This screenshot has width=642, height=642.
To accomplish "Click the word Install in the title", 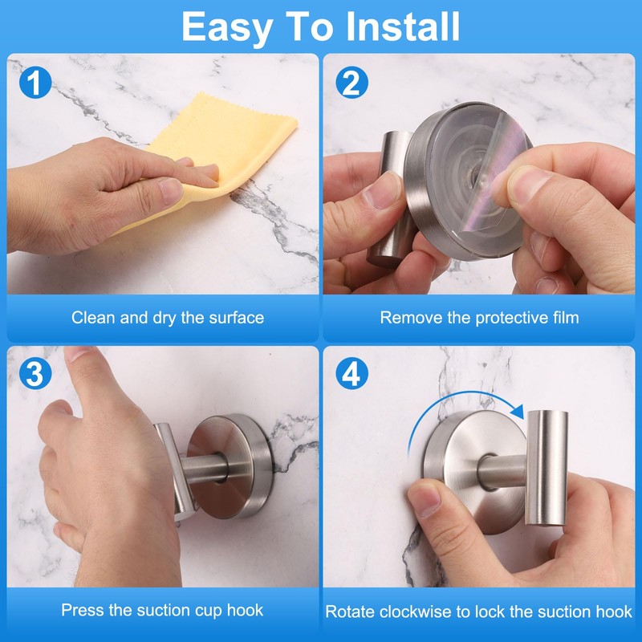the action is (x=403, y=26).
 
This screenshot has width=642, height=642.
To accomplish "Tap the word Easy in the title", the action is (x=227, y=28).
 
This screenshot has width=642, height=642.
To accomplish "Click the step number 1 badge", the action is (x=35, y=83).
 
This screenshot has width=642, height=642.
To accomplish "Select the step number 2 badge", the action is (x=351, y=83).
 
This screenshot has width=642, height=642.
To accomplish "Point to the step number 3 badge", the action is (x=35, y=373).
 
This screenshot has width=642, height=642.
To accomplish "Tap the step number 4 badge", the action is (x=351, y=373).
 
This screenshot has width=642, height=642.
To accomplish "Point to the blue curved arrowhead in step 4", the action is (x=518, y=411).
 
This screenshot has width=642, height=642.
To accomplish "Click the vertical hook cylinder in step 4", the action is (x=547, y=468).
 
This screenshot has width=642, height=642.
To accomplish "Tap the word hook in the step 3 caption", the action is (x=245, y=610).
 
